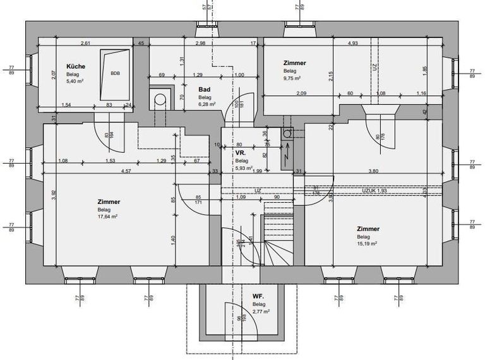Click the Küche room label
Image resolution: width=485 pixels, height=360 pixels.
(x=76, y=66)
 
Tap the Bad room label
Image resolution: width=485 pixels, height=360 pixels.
(x=204, y=90)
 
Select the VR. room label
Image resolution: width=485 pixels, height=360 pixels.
(x=241, y=153)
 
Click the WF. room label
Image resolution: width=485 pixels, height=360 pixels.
(x=257, y=296)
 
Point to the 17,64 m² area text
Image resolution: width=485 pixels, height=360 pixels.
(x=107, y=216)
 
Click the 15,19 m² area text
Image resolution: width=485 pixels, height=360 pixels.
(x=367, y=243)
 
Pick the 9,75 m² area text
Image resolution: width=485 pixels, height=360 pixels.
(x=292, y=78)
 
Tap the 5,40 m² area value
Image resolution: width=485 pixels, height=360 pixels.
(x=76, y=81)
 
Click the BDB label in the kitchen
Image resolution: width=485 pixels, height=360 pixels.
(x=115, y=73)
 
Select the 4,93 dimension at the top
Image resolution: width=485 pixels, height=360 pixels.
(x=353, y=43)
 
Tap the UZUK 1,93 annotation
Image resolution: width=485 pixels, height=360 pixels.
(x=374, y=189)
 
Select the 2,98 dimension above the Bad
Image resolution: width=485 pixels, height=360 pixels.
(x=200, y=43)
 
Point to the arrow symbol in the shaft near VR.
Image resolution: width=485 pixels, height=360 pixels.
(x=287, y=152)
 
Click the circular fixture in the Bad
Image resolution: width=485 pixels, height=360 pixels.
(x=160, y=99)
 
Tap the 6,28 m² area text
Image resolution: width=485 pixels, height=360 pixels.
(x=207, y=104)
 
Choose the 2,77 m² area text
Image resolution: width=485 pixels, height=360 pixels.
(x=261, y=311)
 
